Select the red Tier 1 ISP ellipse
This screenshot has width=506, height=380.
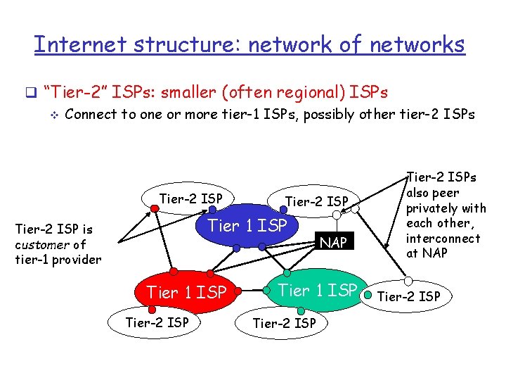coord(186,291)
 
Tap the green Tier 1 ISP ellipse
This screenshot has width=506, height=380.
coord(317,290)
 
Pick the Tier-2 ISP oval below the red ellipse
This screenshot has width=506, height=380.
coord(156,322)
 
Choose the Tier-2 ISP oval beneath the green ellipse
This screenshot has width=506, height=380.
coord(284,323)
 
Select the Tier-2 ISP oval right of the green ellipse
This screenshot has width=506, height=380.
coord(409,296)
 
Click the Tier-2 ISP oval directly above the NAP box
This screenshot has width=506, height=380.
coord(317,202)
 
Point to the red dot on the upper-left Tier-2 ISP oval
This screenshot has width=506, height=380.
coord(155,208)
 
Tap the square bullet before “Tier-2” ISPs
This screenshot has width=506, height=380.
coord(30,93)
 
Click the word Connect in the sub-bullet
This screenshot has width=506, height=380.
coord(91,114)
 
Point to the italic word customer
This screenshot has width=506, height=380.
coord(41,244)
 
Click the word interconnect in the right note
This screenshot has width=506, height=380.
coord(443,238)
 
